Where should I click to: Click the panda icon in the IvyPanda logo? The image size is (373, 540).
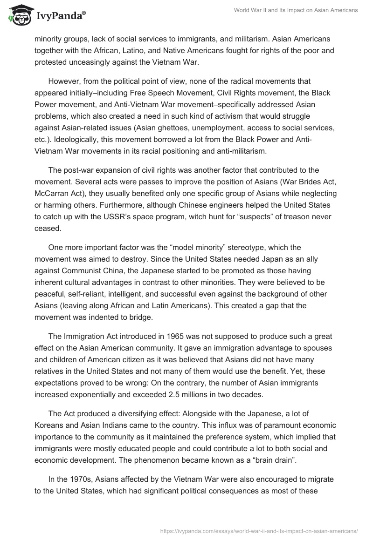[18, 16]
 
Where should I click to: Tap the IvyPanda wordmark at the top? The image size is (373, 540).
[60, 17]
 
